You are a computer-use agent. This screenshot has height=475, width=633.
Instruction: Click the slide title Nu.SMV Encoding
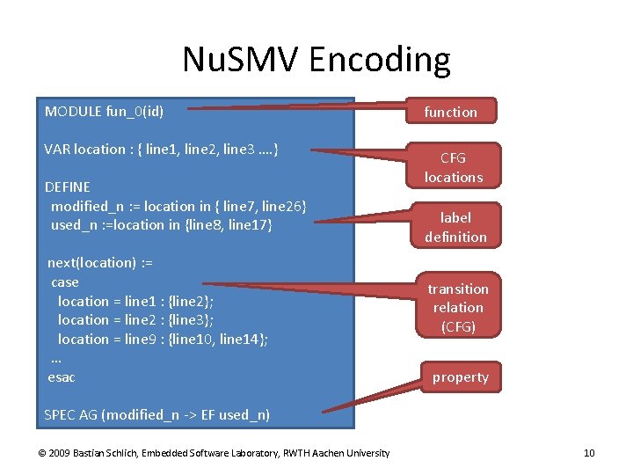pyautogui.click(x=316, y=60)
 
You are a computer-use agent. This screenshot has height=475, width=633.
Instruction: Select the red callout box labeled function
pyautogui.click(x=451, y=112)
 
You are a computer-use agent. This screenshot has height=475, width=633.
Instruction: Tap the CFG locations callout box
pyautogui.click(x=454, y=167)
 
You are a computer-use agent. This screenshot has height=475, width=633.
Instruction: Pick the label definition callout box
pyautogui.click(x=455, y=227)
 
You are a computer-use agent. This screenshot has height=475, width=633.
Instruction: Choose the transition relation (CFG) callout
pyautogui.click(x=458, y=307)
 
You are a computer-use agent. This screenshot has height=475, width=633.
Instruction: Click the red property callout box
pyautogui.click(x=460, y=377)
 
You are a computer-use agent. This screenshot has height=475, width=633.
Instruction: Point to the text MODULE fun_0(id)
pyautogui.click(x=104, y=112)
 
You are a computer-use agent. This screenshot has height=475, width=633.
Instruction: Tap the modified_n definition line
pyautogui.click(x=178, y=206)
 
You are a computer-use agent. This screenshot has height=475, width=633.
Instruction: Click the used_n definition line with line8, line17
pyautogui.click(x=162, y=225)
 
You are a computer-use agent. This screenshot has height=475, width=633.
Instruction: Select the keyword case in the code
pyautogui.click(x=65, y=282)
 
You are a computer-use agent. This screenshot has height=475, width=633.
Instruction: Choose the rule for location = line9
pyautogui.click(x=163, y=339)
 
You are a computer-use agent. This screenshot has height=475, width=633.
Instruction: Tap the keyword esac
pyautogui.click(x=62, y=376)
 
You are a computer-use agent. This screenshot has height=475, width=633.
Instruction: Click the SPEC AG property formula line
pyautogui.click(x=156, y=414)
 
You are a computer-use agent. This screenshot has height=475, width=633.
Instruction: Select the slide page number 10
pyautogui.click(x=589, y=453)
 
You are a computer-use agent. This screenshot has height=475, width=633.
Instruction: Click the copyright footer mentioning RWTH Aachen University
pyautogui.click(x=214, y=453)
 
